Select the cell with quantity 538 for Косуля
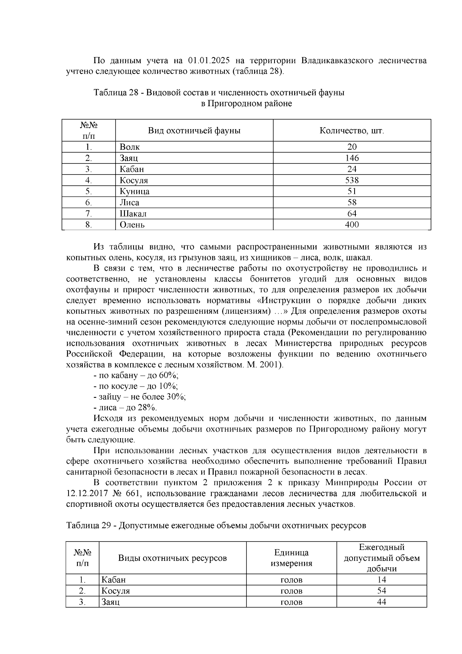(x=352, y=180)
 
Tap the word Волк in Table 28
(x=130, y=147)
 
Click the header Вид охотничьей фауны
(x=194, y=130)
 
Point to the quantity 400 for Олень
(x=352, y=225)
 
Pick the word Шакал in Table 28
(x=133, y=214)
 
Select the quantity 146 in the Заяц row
(x=352, y=158)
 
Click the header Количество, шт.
(x=352, y=130)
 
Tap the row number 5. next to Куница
(x=89, y=191)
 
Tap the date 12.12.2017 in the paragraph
(x=85, y=493)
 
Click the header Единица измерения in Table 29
(x=291, y=558)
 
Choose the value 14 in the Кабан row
(x=382, y=580)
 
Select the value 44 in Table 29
(x=382, y=602)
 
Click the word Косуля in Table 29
(x=115, y=591)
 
